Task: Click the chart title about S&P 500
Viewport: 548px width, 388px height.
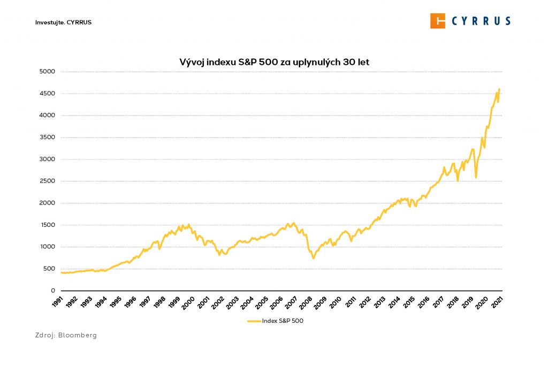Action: click(x=274, y=62)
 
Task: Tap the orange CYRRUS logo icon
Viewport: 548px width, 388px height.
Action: click(x=438, y=21)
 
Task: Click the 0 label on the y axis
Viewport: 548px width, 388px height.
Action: click(x=53, y=291)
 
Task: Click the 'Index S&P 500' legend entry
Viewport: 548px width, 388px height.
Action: click(x=275, y=321)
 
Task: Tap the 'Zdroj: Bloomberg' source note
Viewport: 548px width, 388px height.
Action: click(x=66, y=335)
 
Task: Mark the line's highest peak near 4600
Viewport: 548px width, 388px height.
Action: click(x=499, y=89)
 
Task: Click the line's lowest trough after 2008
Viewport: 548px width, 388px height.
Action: click(x=314, y=258)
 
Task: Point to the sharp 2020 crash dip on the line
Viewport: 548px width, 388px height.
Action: click(x=476, y=177)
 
